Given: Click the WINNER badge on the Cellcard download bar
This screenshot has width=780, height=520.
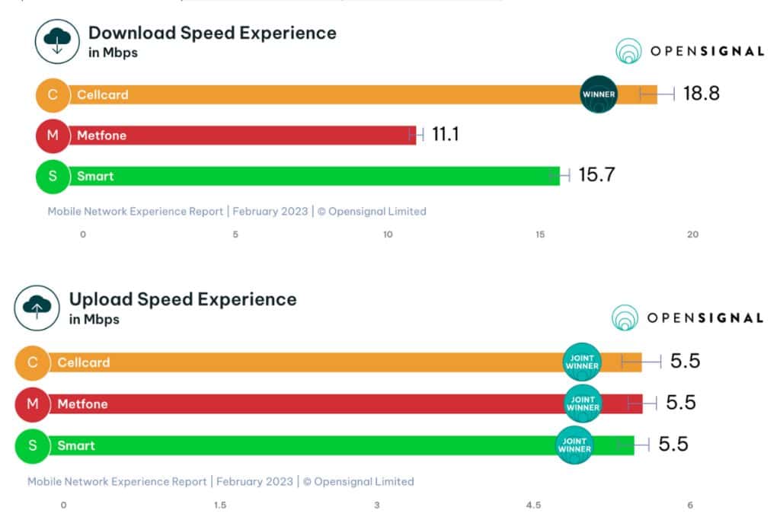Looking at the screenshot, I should click(599, 94).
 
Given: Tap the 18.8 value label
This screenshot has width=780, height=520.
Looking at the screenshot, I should click(701, 94).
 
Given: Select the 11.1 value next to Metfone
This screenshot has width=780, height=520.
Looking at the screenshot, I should click(446, 135).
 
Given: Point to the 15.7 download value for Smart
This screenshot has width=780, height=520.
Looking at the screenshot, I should click(596, 176).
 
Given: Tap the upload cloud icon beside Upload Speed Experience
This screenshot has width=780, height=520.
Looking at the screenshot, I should click(37, 308).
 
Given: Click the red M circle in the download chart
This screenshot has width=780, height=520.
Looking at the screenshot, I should click(53, 136).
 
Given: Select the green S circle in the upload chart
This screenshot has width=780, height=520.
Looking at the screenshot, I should click(33, 445).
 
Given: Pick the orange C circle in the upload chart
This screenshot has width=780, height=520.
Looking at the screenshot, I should click(33, 362).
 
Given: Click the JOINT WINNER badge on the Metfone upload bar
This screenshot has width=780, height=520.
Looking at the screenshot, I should click(582, 404).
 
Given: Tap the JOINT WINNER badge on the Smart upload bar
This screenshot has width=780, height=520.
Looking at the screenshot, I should click(574, 445).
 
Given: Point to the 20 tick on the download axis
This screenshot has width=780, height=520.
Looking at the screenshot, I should click(692, 234).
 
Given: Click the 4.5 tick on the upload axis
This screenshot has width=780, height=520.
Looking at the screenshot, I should click(533, 505).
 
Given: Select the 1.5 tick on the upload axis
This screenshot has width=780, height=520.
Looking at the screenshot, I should click(219, 505).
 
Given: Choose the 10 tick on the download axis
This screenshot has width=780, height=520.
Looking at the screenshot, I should click(388, 234).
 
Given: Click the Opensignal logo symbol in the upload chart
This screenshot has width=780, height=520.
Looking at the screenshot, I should click(625, 317).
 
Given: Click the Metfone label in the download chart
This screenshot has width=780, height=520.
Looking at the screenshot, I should click(101, 136).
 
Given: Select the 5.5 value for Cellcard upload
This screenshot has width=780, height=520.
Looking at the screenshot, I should click(685, 361).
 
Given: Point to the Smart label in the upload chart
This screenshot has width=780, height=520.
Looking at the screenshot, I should click(76, 445).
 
